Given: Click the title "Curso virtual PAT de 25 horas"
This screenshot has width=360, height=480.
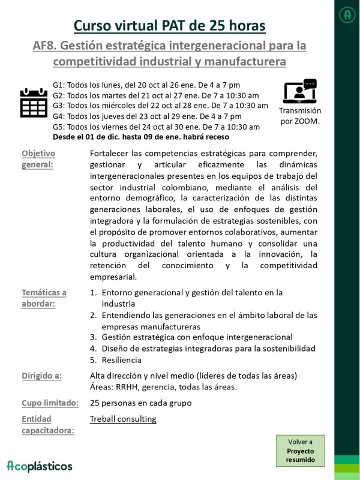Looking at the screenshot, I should pyautogui.click(x=170, y=25).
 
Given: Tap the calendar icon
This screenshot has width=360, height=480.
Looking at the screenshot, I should pyautogui.click(x=34, y=103).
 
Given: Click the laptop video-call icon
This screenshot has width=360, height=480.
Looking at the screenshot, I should pyautogui.click(x=299, y=91).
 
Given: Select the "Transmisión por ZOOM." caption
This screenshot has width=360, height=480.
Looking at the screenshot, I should pyautogui.click(x=300, y=116).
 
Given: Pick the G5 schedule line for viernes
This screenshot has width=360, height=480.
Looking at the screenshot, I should pyautogui.click(x=156, y=127).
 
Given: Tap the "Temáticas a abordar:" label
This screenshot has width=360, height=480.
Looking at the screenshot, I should pyautogui.click(x=44, y=298).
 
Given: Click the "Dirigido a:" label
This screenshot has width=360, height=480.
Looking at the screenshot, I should pyautogui.click(x=41, y=376).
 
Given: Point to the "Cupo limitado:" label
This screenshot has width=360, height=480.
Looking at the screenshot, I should pyautogui.click(x=50, y=403).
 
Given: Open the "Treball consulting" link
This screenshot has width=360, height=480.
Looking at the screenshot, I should pyautogui.click(x=123, y=419).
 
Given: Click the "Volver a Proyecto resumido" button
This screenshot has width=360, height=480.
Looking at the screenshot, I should pyautogui.click(x=300, y=451).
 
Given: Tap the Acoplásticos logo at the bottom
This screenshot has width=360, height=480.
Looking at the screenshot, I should pyautogui.click(x=40, y=466).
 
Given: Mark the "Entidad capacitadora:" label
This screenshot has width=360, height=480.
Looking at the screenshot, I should pyautogui.click(x=48, y=424).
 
